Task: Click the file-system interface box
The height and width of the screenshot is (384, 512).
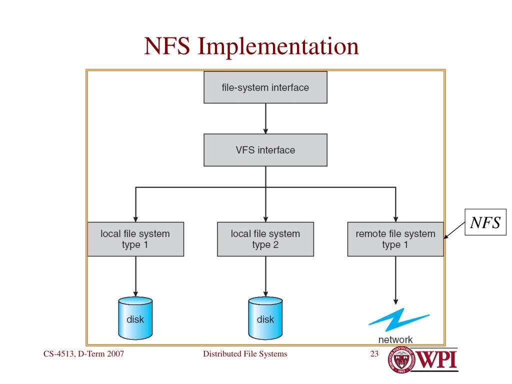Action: [265, 87]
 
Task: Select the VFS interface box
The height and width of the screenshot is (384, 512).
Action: [265, 150]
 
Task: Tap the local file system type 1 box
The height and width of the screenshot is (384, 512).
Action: [135, 239]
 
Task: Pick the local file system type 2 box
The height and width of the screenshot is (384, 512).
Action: [265, 239]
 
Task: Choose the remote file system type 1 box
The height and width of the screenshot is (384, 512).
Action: [395, 239]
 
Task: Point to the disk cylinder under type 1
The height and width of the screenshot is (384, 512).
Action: [135, 317]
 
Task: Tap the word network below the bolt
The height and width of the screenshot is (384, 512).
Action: [395, 340]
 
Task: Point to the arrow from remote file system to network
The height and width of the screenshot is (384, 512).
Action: [395, 280]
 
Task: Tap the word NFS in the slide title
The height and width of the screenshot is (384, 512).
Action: [167, 46]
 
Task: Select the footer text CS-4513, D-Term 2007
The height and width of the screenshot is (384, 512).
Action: [83, 354]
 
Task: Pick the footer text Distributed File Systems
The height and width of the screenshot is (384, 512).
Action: [245, 354]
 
